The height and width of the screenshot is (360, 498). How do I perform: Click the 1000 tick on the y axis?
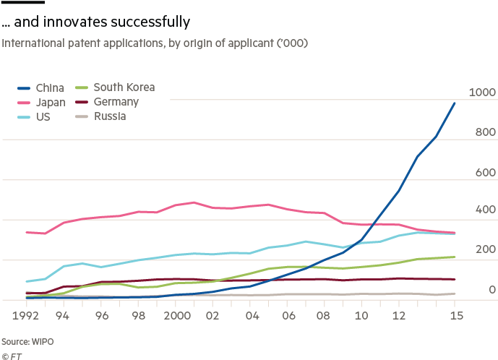point(482,92)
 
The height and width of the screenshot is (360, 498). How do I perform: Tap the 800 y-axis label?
point(484,132)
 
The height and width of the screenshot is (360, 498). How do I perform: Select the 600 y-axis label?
point(484,173)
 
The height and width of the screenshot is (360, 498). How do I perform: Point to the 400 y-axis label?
point(484,210)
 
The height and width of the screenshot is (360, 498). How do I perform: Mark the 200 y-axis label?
point(484,249)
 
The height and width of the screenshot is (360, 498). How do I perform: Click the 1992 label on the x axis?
point(26,316)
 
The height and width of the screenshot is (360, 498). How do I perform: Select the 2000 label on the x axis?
point(176,316)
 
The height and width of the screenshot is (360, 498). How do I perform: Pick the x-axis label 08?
point(325,316)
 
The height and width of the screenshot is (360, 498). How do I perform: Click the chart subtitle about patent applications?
point(155,44)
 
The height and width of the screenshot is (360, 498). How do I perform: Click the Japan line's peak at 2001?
point(193,202)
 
